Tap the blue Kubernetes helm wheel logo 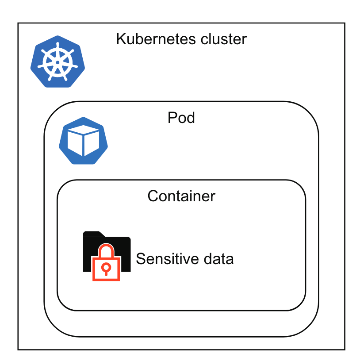click(x=57, y=61)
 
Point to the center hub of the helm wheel click(x=57, y=62)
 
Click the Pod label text click(x=181, y=118)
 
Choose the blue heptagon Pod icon click(x=84, y=141)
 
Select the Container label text click(x=181, y=196)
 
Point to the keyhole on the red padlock click(x=106, y=268)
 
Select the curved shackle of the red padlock click(x=106, y=251)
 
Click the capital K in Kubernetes click(x=121, y=39)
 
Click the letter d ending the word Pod click(x=191, y=118)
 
